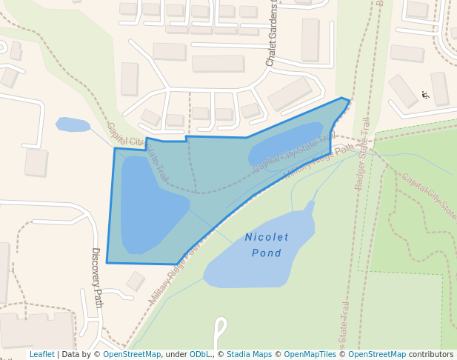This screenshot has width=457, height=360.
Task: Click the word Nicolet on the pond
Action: pos(267,237)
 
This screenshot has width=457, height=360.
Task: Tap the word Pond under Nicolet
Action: pos(267,253)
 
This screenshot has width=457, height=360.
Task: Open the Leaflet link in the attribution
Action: pos(42,355)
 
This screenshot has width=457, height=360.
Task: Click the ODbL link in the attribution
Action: pos(201,355)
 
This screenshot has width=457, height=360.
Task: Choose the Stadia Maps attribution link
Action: pos(249,355)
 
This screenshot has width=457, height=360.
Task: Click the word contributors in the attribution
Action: pos(431,355)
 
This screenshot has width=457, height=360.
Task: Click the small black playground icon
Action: pos(425,95)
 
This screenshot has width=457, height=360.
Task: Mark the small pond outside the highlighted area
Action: pos(73,124)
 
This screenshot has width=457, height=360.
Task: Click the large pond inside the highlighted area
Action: pos(148,204)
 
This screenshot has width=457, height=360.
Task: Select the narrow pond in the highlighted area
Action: pos(285,144)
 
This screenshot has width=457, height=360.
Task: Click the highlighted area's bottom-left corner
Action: pos(107,262)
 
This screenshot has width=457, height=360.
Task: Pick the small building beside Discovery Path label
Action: pos(136,281)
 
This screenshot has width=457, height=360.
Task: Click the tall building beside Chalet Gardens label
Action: pos(310,40)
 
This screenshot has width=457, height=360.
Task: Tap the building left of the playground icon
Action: pos(403,90)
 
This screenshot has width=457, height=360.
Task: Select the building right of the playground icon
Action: pos(440,88)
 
